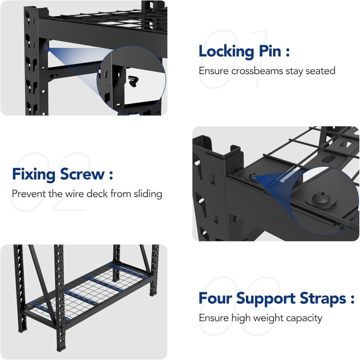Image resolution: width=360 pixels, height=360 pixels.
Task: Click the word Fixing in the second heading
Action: pyautogui.click(x=34, y=174)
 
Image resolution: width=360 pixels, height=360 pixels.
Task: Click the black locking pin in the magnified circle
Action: pyautogui.click(x=133, y=82)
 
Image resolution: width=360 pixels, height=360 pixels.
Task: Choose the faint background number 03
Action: pyautogui.click(x=239, y=306)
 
